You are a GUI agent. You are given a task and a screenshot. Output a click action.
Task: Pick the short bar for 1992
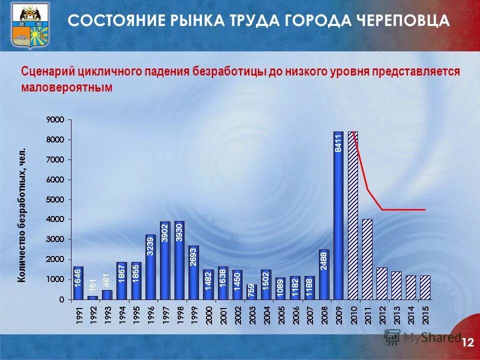92,297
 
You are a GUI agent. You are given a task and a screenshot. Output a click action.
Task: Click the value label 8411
338,143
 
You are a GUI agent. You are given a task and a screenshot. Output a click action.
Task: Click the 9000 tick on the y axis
55,120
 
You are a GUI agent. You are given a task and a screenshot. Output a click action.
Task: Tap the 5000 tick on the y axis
55,199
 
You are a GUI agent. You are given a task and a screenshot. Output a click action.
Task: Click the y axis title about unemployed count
22,215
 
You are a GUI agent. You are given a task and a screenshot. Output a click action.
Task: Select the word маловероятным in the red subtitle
67,87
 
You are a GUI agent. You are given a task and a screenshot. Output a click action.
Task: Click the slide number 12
467,342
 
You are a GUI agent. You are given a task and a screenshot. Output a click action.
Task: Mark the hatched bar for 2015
425,287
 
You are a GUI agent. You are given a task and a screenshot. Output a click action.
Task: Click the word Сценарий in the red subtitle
47,70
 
